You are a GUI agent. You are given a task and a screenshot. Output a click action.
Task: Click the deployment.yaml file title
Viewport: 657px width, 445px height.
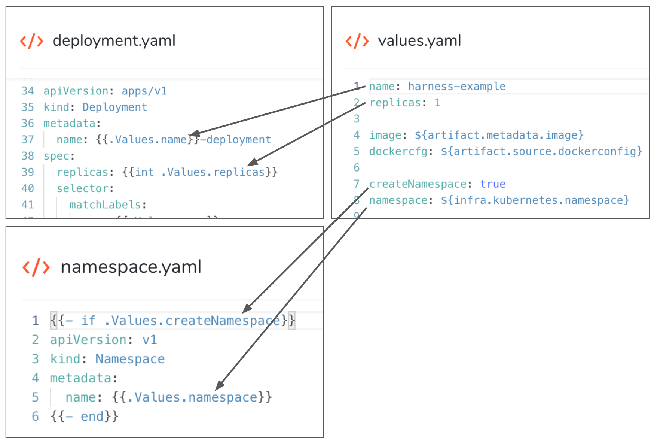(x=114, y=41)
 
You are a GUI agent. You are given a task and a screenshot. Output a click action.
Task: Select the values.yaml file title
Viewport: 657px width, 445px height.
(x=419, y=41)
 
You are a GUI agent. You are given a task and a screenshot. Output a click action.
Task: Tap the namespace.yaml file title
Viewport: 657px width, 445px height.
(x=131, y=267)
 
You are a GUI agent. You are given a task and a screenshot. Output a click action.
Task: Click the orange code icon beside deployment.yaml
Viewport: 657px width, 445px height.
(x=31, y=41)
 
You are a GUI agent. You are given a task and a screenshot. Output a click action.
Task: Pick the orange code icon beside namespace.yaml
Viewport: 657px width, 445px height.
(x=36, y=267)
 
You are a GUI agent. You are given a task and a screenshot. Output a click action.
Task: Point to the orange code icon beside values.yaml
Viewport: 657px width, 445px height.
(x=357, y=41)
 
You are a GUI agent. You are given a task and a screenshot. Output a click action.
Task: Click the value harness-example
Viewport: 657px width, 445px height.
(x=456, y=87)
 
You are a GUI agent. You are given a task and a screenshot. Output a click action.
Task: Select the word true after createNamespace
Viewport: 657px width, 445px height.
(x=493, y=184)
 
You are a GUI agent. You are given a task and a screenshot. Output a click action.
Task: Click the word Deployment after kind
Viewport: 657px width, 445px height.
(x=114, y=108)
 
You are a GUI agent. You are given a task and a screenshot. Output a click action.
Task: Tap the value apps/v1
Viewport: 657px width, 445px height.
(x=144, y=91)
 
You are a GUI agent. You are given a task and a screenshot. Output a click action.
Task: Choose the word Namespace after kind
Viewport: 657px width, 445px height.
(x=130, y=359)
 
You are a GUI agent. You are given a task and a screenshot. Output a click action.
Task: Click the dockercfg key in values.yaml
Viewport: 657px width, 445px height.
(x=398, y=151)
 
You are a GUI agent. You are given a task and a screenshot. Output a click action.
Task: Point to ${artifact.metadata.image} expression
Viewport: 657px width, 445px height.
(x=499, y=135)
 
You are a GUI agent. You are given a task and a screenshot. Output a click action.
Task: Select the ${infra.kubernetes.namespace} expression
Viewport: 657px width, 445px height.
(x=535, y=200)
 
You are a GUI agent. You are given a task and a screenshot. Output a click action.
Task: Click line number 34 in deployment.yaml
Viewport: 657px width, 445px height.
(x=28, y=91)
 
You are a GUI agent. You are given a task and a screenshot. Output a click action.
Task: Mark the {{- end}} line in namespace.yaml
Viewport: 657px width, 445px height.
(x=84, y=417)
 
